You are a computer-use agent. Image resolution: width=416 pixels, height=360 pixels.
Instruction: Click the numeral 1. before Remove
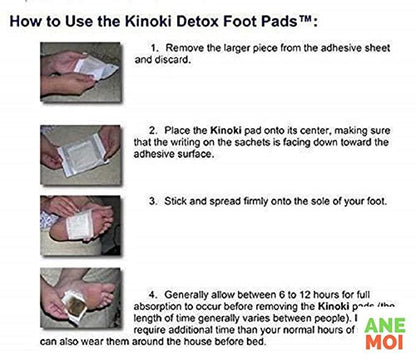152,47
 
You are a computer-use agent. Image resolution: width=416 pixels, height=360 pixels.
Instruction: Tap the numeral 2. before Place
153,130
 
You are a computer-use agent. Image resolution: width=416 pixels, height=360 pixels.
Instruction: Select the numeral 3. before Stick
152,201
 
